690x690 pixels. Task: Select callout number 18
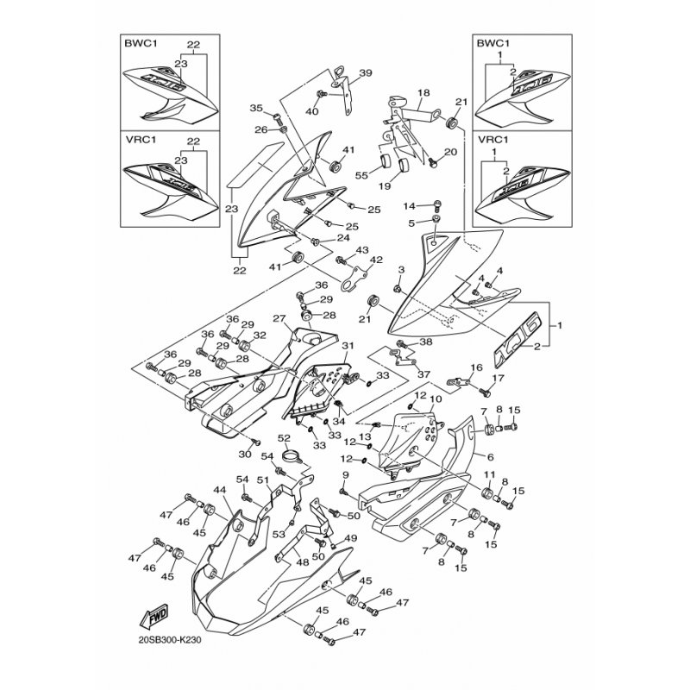coord(423,92)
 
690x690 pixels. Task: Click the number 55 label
coord(361,175)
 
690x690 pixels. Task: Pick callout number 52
coord(284,437)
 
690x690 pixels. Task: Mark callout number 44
coord(220,490)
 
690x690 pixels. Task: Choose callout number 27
coord(279,318)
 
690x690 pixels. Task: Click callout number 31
coord(347,346)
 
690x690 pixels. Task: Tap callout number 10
coord(436,399)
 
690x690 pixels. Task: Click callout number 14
coord(411,205)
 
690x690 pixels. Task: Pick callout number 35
coord(255,108)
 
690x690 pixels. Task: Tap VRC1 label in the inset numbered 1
coord(489,139)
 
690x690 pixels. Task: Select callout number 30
coord(244,455)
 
